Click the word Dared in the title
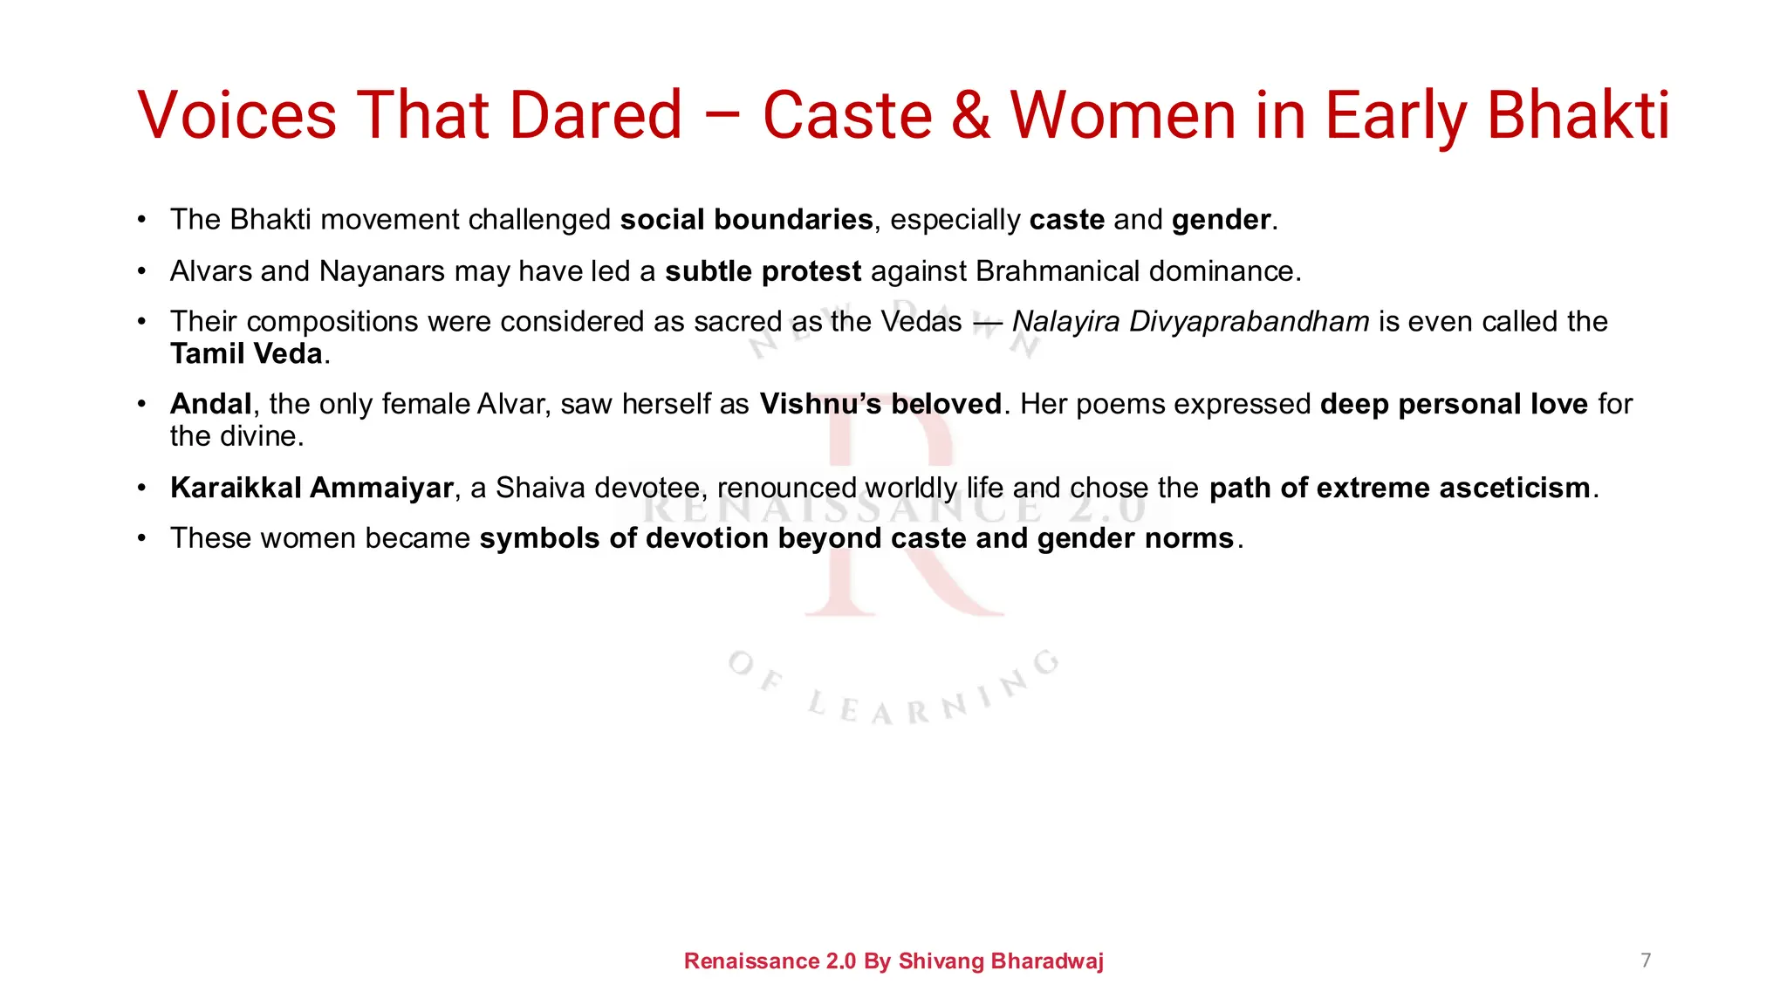(x=595, y=115)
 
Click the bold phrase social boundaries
(x=746, y=220)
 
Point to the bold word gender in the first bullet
(x=1221, y=220)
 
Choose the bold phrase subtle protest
(x=763, y=271)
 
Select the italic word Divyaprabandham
(x=1249, y=322)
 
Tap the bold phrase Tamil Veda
(x=246, y=354)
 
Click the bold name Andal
(x=210, y=404)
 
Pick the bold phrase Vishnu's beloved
(x=880, y=404)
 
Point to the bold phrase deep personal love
(x=1454, y=404)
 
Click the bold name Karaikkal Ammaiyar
(x=312, y=488)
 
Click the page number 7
(x=1646, y=961)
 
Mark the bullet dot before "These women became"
(x=141, y=538)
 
